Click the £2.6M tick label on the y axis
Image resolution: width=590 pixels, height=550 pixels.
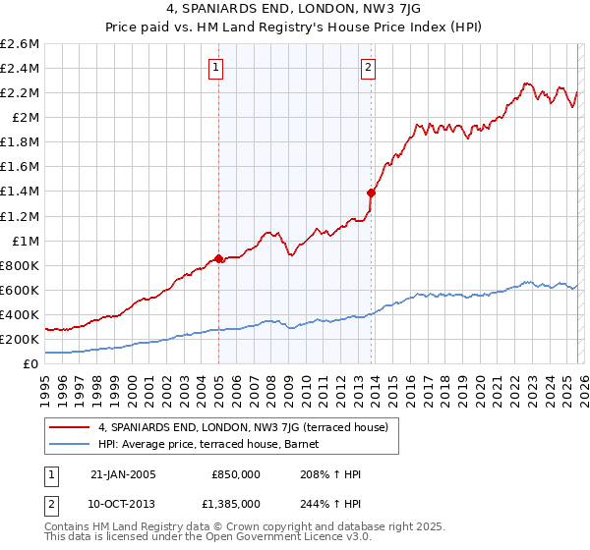pyautogui.click(x=20, y=44)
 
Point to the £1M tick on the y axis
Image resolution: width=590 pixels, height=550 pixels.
pyautogui.click(x=24, y=241)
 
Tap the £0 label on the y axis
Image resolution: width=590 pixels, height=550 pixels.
pyautogui.click(x=31, y=364)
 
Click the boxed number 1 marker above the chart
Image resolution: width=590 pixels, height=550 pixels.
pyautogui.click(x=215, y=68)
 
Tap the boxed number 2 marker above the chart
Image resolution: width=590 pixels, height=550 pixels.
pyautogui.click(x=368, y=68)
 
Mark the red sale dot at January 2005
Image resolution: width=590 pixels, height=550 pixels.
pyautogui.click(x=218, y=259)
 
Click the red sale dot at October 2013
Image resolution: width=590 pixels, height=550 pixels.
pyautogui.click(x=371, y=192)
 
